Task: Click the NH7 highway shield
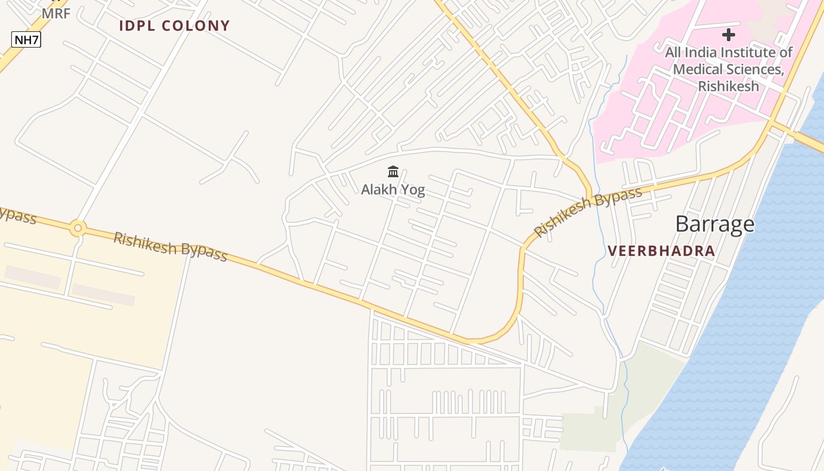coord(26,40)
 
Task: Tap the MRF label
coord(56,14)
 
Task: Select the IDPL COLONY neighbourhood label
coord(174,26)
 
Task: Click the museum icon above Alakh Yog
coord(393,172)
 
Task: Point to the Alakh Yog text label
coord(393,190)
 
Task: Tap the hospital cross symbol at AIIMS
coord(729,35)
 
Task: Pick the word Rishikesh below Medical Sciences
coord(728,86)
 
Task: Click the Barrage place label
coord(715,224)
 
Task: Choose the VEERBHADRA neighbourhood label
coord(661,251)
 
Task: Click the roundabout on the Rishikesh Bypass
coord(78,228)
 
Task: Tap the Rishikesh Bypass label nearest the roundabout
coord(170,247)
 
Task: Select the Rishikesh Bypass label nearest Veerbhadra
coord(587,212)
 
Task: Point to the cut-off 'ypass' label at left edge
coord(18,215)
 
